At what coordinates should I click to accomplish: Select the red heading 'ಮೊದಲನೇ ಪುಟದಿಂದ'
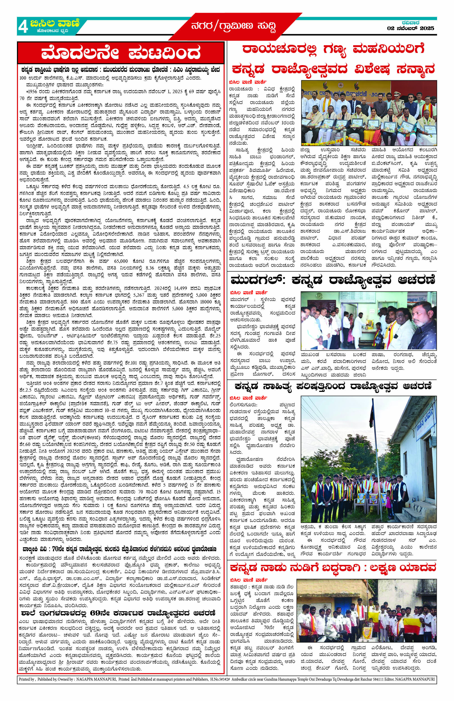(121, 54)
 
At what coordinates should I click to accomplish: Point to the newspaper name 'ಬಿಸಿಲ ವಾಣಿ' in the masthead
(54, 23)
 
